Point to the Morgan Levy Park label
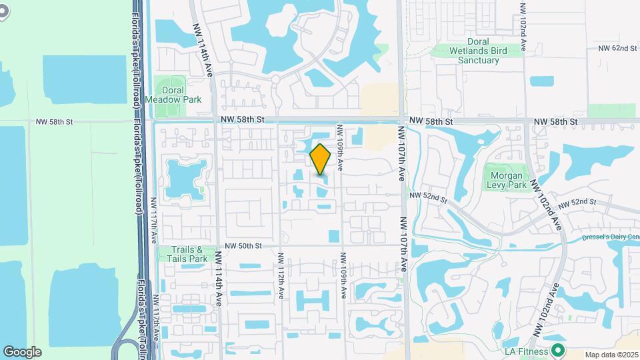(505, 180)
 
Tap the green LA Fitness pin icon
(558, 351)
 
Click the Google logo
(22, 352)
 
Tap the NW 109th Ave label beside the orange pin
(340, 148)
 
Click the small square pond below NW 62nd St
(541, 81)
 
